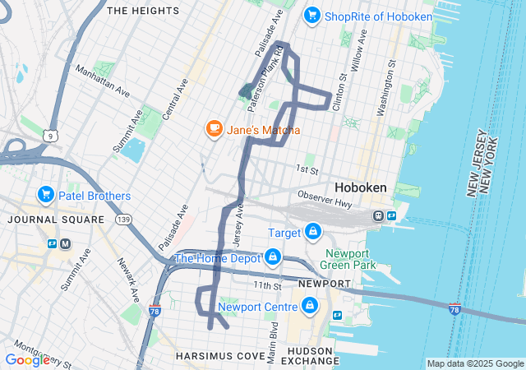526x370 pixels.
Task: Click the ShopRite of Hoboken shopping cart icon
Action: [311, 15]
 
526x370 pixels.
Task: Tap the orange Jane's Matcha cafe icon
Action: [214, 129]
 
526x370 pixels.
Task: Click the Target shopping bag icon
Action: [312, 234]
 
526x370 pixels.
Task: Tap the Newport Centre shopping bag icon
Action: [309, 307]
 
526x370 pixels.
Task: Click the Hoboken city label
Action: [360, 187]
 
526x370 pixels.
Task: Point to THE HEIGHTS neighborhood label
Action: [143, 11]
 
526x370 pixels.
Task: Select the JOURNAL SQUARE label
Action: [55, 220]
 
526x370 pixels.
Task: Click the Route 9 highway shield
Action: [51, 134]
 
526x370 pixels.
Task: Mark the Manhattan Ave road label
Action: [103, 81]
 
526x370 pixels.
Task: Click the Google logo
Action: [27, 359]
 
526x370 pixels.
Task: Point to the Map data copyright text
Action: [475, 363]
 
